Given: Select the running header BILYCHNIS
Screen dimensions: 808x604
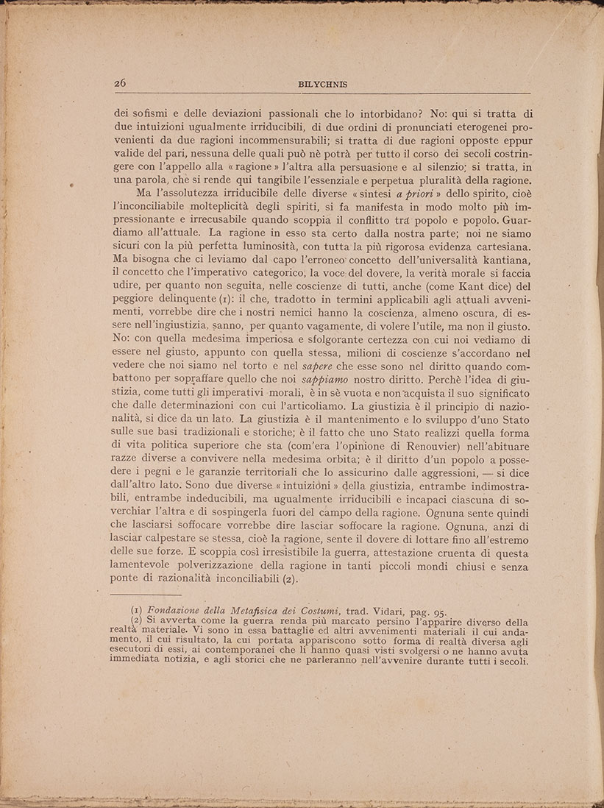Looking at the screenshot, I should coord(323,85).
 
